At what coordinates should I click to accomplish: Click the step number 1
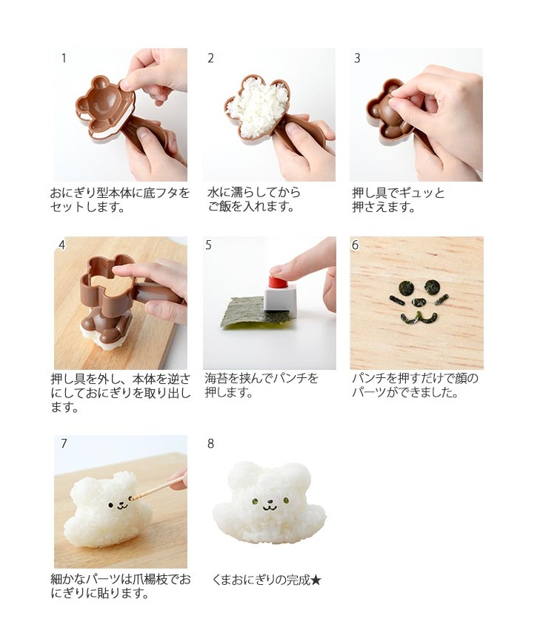point(64,59)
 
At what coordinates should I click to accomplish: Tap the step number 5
point(208,245)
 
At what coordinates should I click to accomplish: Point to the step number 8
point(210,443)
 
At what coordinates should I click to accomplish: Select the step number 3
point(357,59)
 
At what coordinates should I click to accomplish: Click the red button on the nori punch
point(279,281)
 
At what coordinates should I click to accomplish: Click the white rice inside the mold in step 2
point(257,107)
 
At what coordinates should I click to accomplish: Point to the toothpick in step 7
point(158,488)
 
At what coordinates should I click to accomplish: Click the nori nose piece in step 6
point(419,302)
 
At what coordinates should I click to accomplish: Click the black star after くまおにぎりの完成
point(316,580)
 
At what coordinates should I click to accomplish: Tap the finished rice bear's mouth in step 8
point(269,508)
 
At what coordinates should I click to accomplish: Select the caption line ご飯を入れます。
point(251,207)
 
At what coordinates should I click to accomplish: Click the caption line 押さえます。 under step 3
point(384,207)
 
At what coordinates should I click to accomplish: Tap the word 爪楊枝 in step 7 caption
point(150,579)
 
